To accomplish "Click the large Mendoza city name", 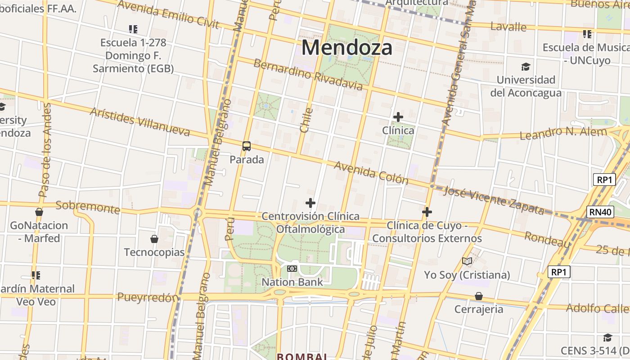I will pos(347,47).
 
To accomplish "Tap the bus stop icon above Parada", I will pos(247,146).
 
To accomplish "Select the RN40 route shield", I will pos(601,212).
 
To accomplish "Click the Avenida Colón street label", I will pos(371,172).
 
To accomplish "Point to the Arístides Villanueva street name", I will pos(140,121).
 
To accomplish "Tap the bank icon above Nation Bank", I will pos(292,269).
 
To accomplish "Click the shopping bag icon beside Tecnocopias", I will pos(154,238).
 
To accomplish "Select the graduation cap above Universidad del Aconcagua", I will pos(526,67).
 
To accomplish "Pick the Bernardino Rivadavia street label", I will pos(308,74).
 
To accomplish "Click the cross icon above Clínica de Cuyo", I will pos(427,211).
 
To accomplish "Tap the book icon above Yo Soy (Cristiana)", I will pos(467,261).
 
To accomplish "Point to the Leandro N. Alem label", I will pos(563,133).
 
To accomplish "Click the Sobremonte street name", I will pos(88,207).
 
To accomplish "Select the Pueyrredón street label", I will pos(148,297).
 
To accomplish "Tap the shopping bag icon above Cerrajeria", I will pos(479,296).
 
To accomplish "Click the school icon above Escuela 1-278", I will pos(133,29).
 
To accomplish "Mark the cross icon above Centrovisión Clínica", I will pos(310,203).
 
